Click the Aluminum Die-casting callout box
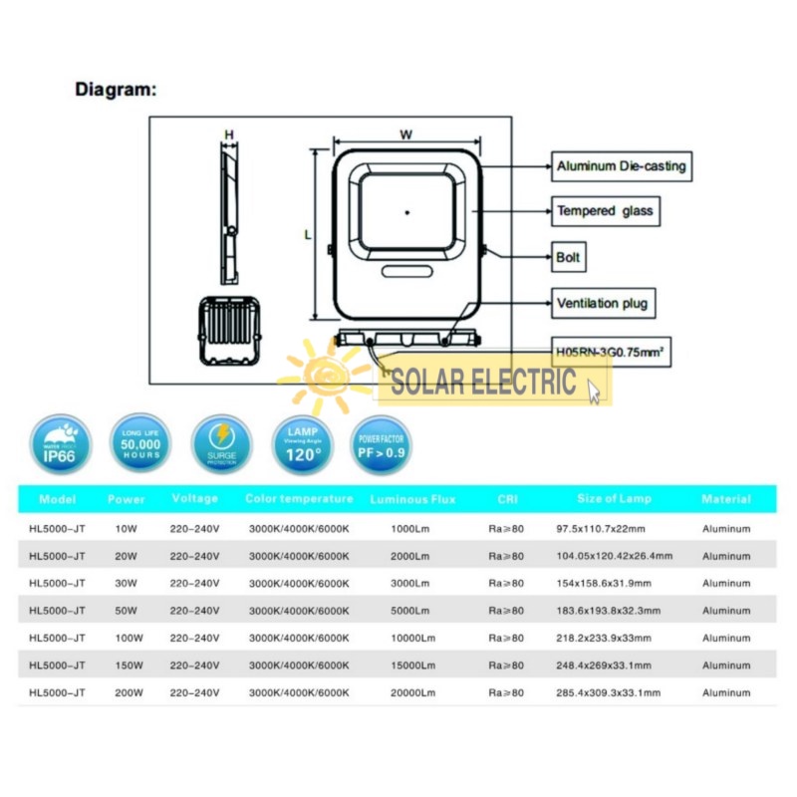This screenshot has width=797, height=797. coord(622,166)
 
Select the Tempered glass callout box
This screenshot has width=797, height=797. coord(606,211)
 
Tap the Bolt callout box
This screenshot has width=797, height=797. coord(569,257)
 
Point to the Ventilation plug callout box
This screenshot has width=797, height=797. coord(606,303)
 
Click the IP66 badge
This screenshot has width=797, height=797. coord(61,444)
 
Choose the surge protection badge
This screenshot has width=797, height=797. coord(221,444)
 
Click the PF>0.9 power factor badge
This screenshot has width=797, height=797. coord(382,444)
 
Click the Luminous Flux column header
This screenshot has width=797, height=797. coord(412,499)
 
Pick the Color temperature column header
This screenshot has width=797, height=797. coord(299,499)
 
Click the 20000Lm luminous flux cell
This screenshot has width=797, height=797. coord(412,692)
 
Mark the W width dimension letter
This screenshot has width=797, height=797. coord(405,133)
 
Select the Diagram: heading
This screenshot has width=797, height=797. coord(117,90)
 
